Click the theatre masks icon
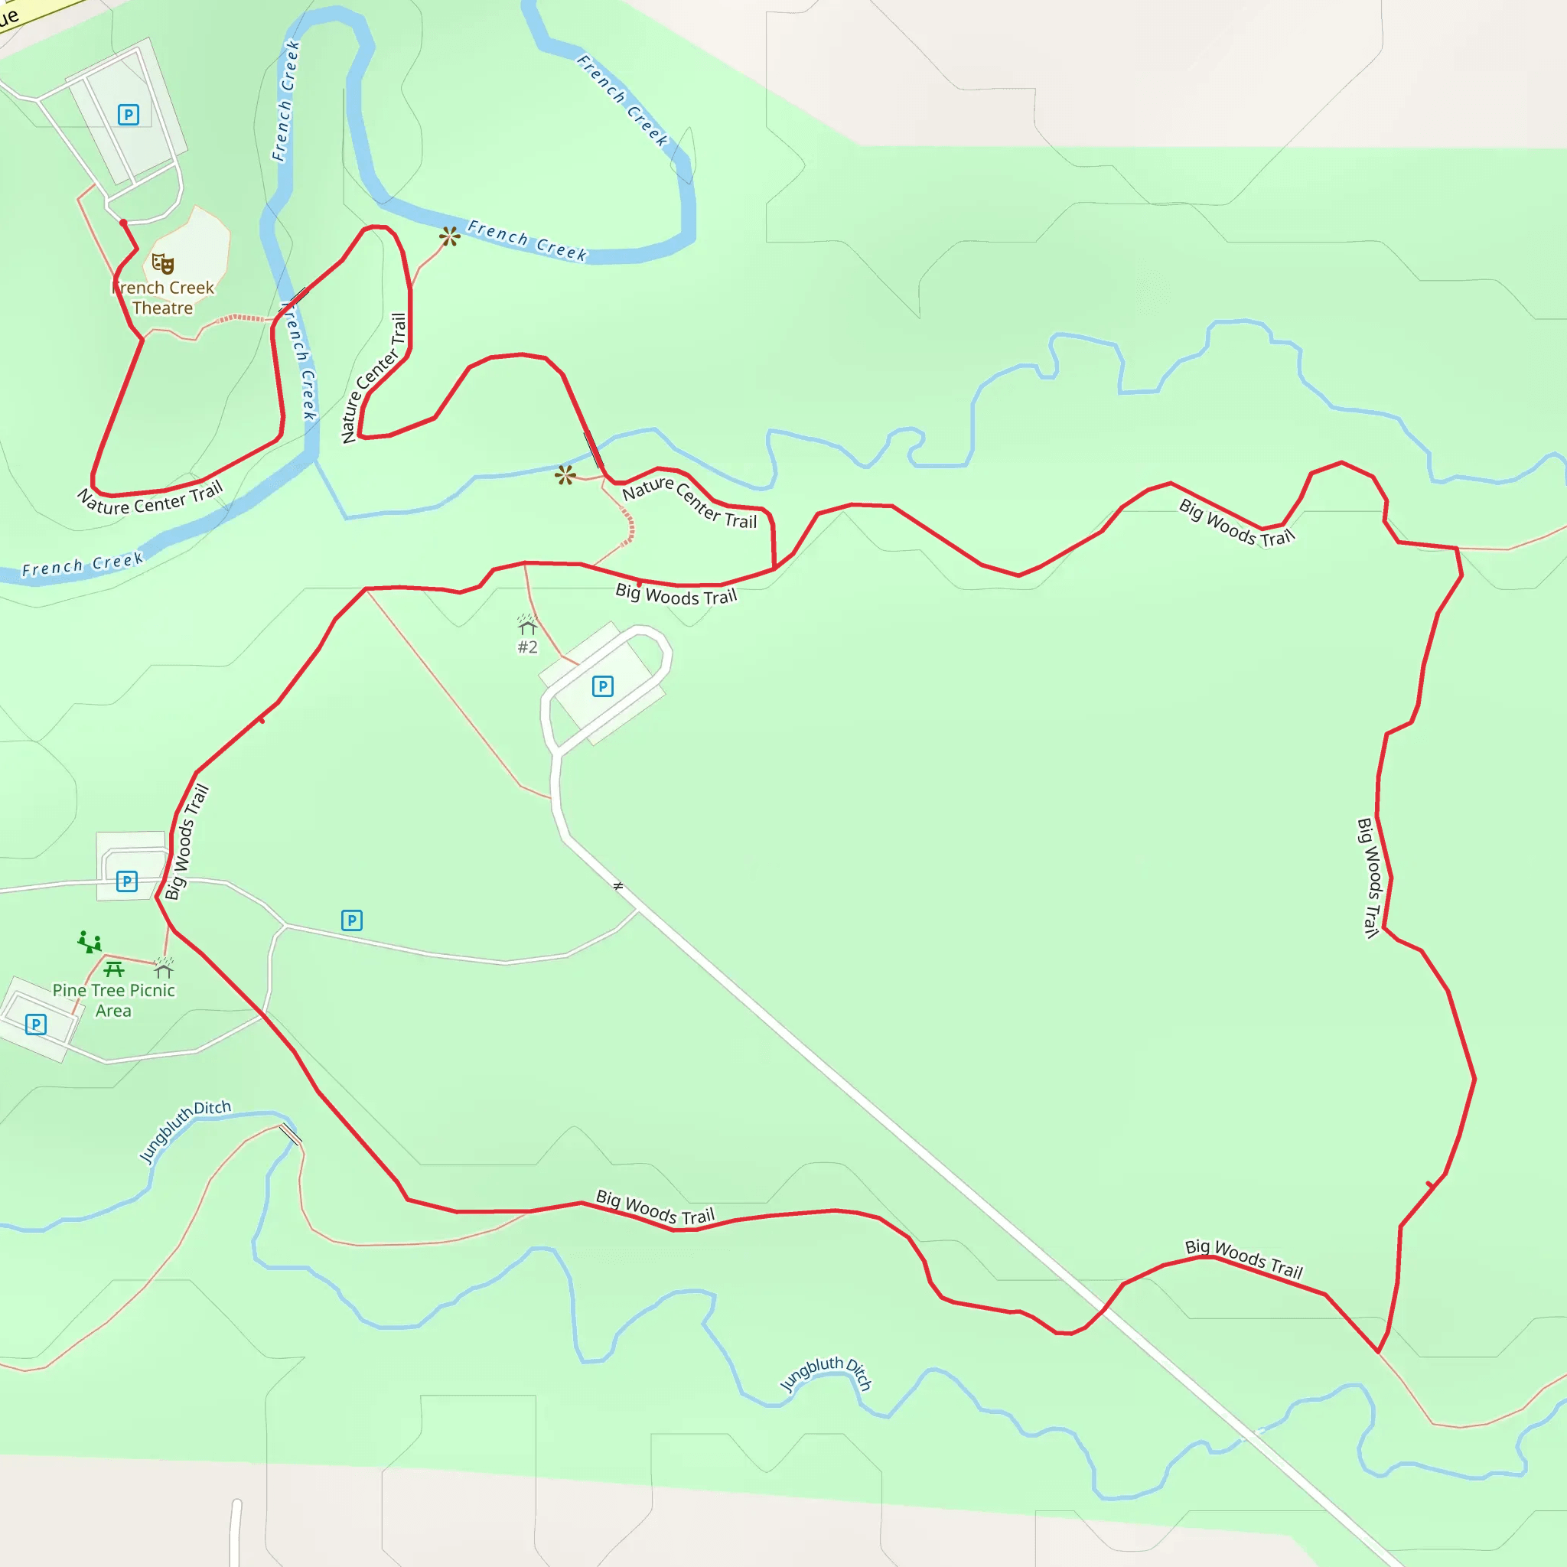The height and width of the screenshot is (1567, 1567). [163, 264]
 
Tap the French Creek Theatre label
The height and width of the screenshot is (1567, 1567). [163, 298]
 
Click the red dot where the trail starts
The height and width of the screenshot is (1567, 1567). [123, 222]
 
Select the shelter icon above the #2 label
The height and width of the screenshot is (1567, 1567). [527, 624]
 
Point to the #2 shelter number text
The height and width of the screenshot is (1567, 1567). [527, 647]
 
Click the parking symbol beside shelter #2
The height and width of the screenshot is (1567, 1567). [603, 686]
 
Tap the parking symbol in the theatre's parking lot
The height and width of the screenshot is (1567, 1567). [128, 114]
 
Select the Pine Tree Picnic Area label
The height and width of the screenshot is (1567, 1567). [113, 1000]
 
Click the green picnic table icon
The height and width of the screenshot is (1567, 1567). [113, 969]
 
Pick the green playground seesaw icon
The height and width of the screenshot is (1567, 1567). [90, 942]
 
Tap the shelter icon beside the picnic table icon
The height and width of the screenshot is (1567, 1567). [164, 968]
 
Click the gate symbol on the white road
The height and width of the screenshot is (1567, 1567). [618, 886]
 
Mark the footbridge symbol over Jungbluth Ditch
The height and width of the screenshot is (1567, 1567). [289, 1134]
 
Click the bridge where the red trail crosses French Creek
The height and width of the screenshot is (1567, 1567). [293, 300]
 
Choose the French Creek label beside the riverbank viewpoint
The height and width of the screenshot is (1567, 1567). [527, 241]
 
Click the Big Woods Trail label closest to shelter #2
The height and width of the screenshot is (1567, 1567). [676, 595]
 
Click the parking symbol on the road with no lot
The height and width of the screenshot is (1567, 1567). [351, 920]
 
